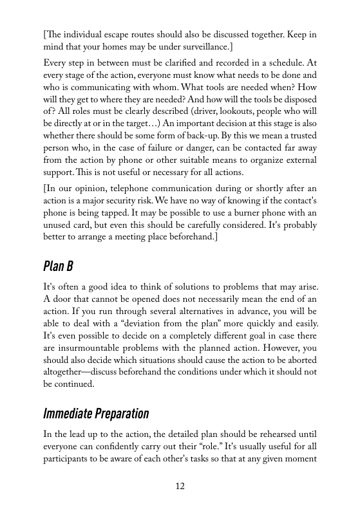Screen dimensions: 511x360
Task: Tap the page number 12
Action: [180, 486]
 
